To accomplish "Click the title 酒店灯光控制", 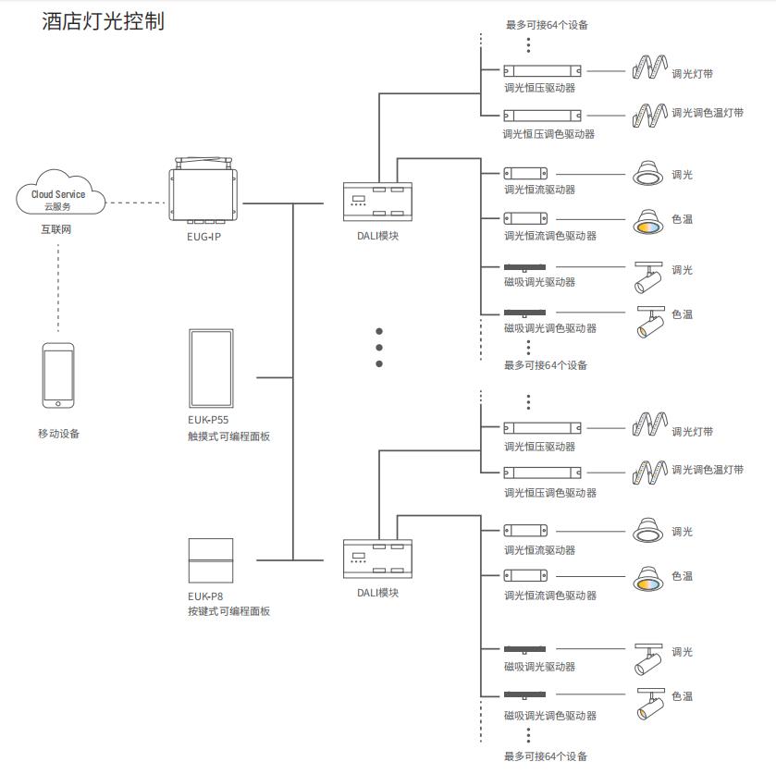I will [x=103, y=21].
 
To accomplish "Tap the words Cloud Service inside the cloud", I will [x=58, y=194].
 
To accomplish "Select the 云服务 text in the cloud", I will [x=58, y=206].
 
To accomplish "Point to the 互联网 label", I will [x=57, y=229].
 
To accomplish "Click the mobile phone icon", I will [x=57, y=375].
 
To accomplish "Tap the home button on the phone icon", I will [x=57, y=401].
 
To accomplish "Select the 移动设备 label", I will [x=58, y=433].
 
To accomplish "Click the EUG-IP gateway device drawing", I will [x=204, y=193].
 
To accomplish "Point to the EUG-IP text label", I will [x=204, y=236].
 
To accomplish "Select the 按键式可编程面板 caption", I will [x=228, y=611].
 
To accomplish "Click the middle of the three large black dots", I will [x=379, y=348].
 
